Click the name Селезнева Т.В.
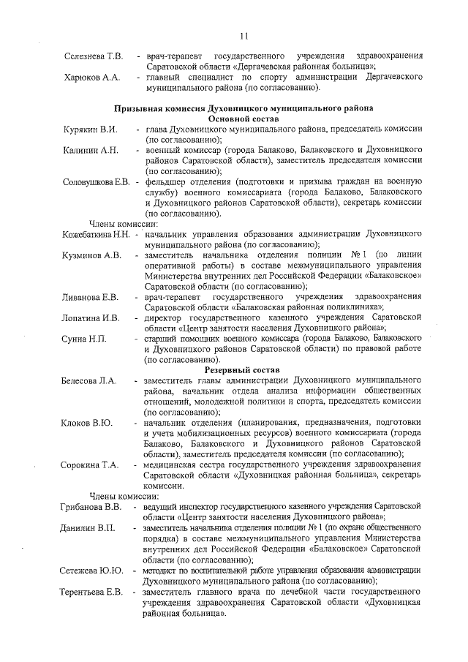click(x=93, y=56)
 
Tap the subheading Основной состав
click(x=243, y=117)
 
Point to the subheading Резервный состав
click(x=243, y=371)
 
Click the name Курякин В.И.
click(x=91, y=129)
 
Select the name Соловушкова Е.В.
click(x=97, y=181)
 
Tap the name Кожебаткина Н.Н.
click(x=97, y=234)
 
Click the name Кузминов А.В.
click(x=92, y=255)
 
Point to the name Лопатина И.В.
click(x=91, y=318)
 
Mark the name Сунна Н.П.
click(x=85, y=339)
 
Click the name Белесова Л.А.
click(x=88, y=382)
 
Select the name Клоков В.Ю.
click(x=86, y=424)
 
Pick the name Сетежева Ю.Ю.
click(x=91, y=570)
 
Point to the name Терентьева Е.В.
click(x=91, y=592)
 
